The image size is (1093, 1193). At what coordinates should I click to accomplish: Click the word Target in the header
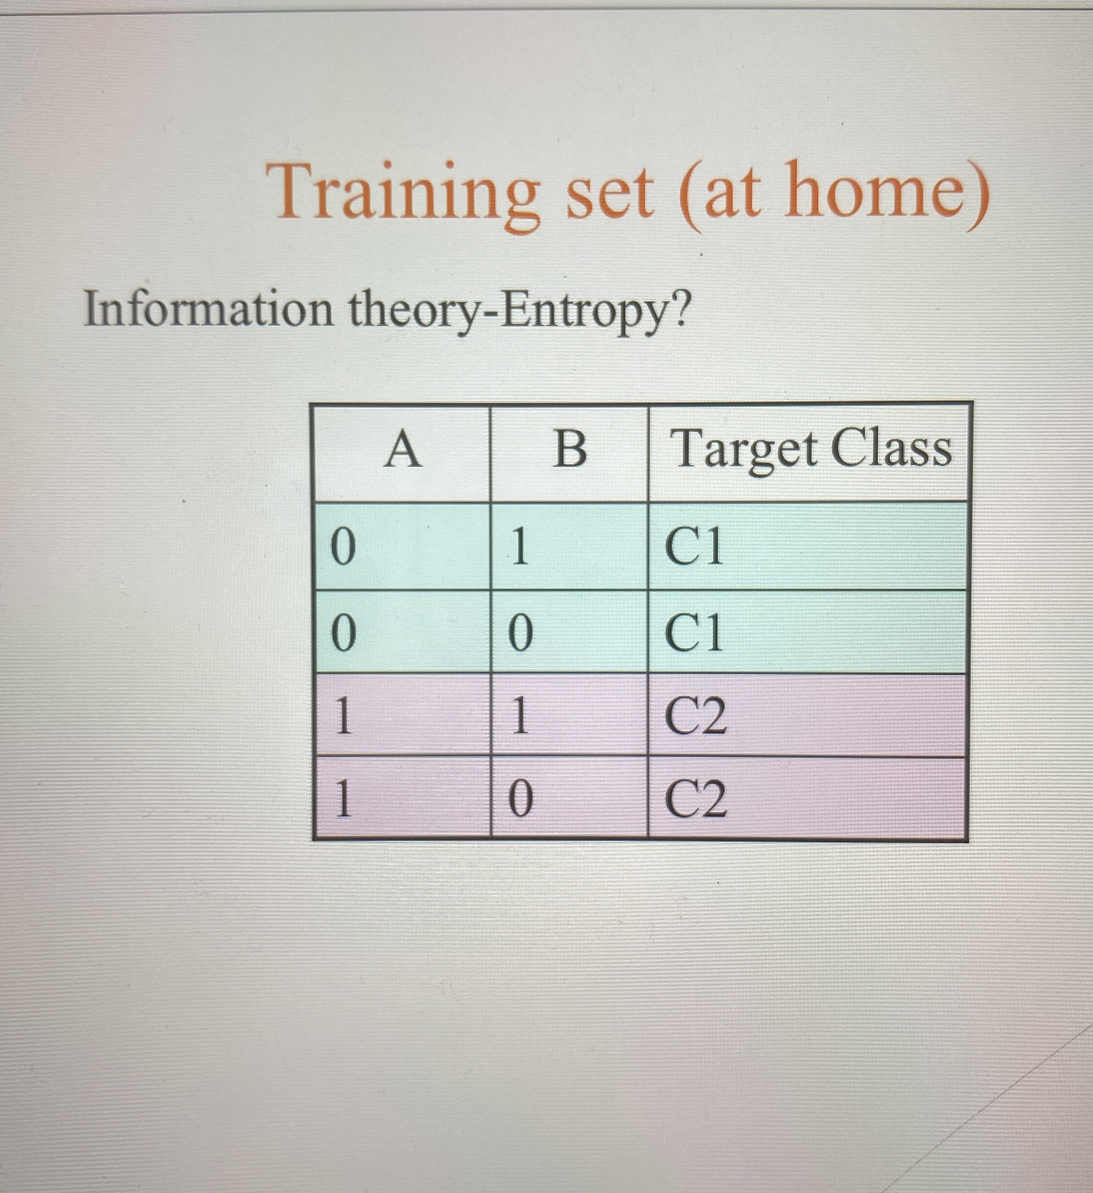(x=745, y=450)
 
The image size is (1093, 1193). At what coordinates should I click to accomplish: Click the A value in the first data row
(x=343, y=547)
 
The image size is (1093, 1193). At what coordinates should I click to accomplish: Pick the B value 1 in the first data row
(x=520, y=547)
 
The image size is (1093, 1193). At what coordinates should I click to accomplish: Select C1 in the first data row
(x=694, y=547)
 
